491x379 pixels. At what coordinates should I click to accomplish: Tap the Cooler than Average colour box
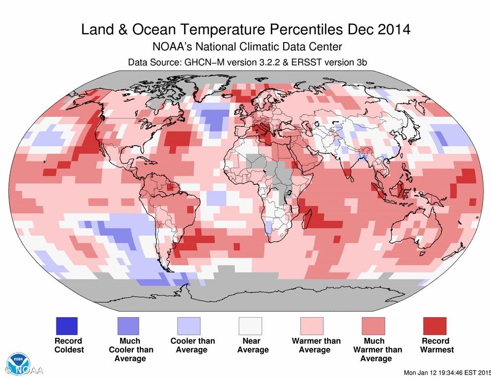click(189, 326)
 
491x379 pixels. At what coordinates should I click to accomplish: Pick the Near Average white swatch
click(250, 326)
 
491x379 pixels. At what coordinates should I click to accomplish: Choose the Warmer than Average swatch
click(312, 326)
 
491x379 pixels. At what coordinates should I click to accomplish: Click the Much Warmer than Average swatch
click(373, 326)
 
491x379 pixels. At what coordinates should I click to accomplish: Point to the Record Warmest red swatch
click(434, 326)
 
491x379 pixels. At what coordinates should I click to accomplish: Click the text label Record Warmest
click(436, 345)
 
